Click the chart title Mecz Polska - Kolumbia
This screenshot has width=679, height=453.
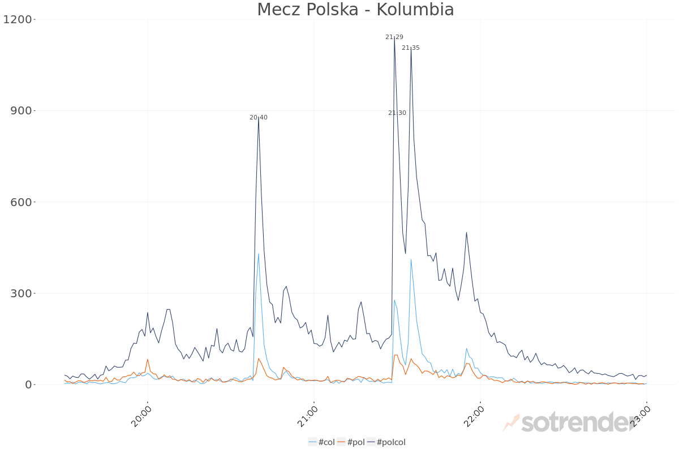point(355,10)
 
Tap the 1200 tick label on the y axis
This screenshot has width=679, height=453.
point(18,20)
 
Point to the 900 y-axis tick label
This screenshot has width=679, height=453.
point(22,111)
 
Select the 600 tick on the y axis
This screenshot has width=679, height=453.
point(22,202)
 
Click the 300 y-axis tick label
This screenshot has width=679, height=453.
point(22,293)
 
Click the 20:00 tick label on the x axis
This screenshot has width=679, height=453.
point(142,417)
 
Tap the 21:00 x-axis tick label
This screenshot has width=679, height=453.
point(308,417)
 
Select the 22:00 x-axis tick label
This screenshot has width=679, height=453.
point(475,417)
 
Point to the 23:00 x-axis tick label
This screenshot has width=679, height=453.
point(642,417)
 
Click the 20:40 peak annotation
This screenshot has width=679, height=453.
point(259,118)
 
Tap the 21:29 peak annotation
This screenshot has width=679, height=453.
point(394,37)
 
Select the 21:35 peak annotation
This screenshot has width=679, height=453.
point(411,48)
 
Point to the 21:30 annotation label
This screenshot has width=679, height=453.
point(397,113)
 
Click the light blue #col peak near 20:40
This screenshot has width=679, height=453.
point(259,254)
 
